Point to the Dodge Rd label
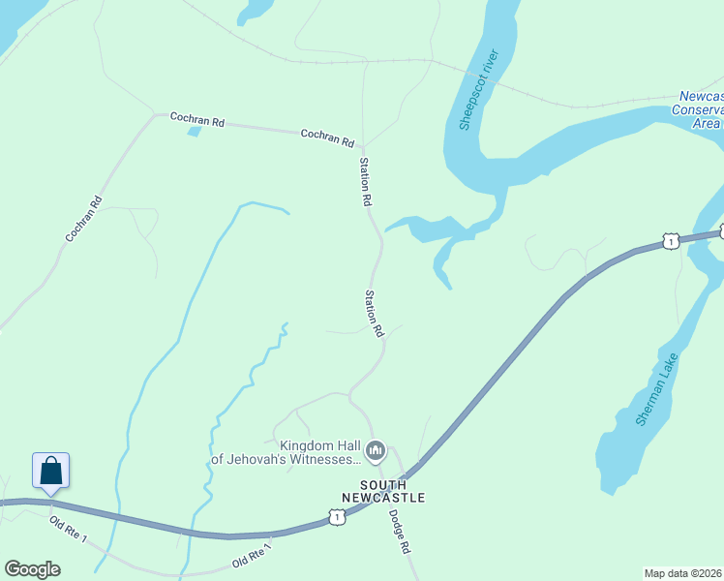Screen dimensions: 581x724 pos(400,532)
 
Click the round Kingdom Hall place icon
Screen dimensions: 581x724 pos(375,450)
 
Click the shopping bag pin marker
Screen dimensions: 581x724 pos(51,472)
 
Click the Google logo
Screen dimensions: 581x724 pos(32,569)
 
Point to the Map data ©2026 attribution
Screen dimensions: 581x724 pos(683,572)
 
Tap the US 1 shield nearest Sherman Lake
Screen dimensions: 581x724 pos(670,241)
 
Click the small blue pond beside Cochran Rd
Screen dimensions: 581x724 pos(195,131)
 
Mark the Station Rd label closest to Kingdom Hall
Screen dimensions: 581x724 pos(372,313)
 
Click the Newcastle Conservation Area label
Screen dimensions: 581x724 pos(699,109)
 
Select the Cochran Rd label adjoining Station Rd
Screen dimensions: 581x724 pos(327,138)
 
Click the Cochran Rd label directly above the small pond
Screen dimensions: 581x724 pos(197,120)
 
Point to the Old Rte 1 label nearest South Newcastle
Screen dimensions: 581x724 pos(252,556)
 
